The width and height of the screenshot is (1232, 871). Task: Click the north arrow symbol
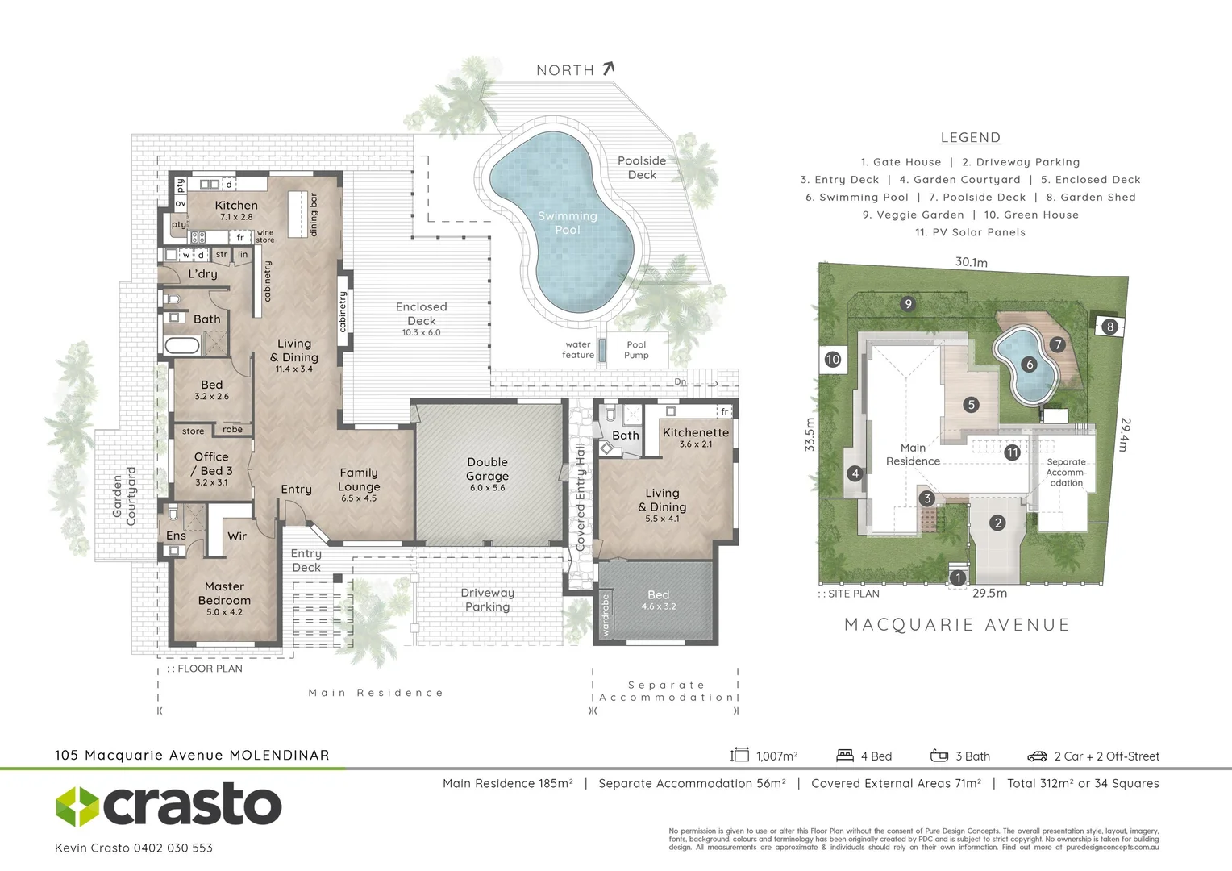point(608,69)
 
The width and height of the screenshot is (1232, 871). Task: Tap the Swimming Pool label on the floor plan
point(567,223)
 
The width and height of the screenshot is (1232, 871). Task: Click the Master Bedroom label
point(224,598)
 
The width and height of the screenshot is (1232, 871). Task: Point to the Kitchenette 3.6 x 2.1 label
point(695,437)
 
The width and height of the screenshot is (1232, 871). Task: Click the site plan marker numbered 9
point(908,304)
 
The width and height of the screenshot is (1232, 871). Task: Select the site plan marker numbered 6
point(1029,365)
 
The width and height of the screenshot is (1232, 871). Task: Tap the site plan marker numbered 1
point(958,577)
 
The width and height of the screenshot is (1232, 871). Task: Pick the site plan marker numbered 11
point(1012,452)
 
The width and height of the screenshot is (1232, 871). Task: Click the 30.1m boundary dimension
point(971,262)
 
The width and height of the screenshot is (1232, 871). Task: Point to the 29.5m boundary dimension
point(989,593)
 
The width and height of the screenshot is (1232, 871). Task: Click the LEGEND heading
point(970,138)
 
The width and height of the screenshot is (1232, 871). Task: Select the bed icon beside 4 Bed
point(844,756)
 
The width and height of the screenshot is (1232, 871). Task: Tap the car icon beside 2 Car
point(1037,756)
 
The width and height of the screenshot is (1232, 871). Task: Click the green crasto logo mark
point(77,806)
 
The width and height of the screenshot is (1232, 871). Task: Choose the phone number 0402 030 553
point(173,848)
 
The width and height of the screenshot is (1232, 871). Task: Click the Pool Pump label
point(636,349)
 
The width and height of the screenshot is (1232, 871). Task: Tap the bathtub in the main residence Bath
point(181,346)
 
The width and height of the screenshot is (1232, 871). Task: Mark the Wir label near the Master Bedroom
point(236,536)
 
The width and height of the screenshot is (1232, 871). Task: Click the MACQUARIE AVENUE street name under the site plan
point(957,625)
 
